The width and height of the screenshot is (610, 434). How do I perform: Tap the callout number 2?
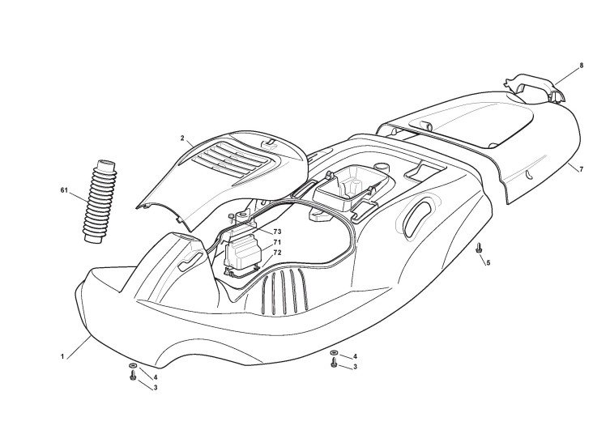point(183,138)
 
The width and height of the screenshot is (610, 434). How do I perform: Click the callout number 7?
point(581,168)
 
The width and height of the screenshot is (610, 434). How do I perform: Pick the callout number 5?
point(488,262)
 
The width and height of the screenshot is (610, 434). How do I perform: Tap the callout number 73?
point(277,232)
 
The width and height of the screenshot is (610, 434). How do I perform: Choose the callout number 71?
point(277,243)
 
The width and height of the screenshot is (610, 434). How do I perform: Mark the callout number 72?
point(277,253)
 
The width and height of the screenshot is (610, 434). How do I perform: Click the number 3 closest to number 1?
point(155,388)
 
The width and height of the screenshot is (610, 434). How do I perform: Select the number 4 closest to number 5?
point(355,356)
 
